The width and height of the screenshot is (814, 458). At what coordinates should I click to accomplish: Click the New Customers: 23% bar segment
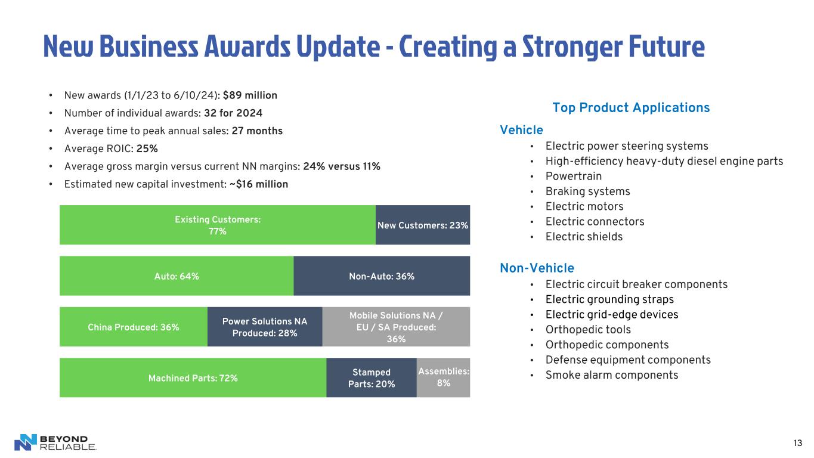423,225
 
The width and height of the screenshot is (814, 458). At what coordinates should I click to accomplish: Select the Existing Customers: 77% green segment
217,225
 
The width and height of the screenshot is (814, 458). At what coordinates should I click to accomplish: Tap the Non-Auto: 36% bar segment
382,276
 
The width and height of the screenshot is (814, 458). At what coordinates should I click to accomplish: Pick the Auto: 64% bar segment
176,276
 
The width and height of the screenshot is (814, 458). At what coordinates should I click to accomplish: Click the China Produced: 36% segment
133,327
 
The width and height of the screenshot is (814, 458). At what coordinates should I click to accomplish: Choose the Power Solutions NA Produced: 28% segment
264,327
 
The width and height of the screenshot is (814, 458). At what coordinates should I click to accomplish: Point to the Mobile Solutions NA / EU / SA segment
396,327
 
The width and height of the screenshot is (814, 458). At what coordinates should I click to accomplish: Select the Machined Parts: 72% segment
193,378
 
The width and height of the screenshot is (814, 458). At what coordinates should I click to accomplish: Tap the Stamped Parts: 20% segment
371,378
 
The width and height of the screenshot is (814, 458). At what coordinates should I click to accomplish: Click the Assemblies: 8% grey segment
443,377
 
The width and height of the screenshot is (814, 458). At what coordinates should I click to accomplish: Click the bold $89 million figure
250,95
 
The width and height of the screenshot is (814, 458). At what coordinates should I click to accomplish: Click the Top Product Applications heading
631,108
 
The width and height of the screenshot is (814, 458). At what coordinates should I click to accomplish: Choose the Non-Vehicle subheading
537,268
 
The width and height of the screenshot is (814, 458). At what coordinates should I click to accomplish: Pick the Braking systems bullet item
587,191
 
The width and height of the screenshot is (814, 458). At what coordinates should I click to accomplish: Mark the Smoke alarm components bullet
612,375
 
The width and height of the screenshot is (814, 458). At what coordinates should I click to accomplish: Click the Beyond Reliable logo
55,442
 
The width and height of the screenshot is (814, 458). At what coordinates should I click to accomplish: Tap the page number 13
797,442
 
